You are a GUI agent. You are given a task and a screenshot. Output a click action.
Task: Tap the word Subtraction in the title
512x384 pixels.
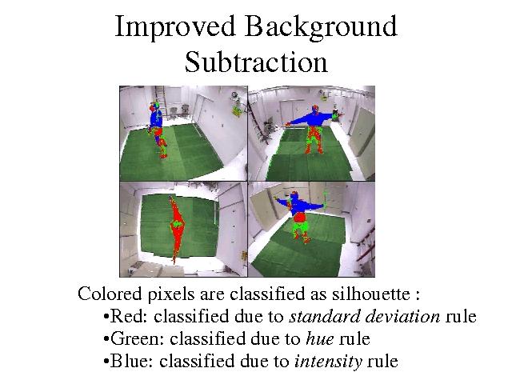click(x=256, y=62)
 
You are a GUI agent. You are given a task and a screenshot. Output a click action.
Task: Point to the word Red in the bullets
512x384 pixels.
click(x=128, y=316)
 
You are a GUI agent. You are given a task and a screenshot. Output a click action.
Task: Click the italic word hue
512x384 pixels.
click(x=320, y=338)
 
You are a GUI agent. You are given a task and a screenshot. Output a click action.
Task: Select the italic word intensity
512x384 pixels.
click(x=328, y=362)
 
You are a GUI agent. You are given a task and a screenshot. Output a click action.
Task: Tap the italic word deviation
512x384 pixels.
click(x=402, y=316)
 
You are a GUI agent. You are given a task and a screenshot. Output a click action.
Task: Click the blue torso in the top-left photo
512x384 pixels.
click(x=157, y=118)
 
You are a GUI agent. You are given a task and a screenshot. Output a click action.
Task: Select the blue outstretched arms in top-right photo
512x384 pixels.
click(x=311, y=119)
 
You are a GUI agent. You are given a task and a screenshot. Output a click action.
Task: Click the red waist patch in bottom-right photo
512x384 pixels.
click(x=298, y=217)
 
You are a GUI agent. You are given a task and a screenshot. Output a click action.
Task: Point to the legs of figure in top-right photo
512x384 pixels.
click(x=314, y=140)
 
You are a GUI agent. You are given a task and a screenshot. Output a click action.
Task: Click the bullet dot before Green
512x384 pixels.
click(x=106, y=339)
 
